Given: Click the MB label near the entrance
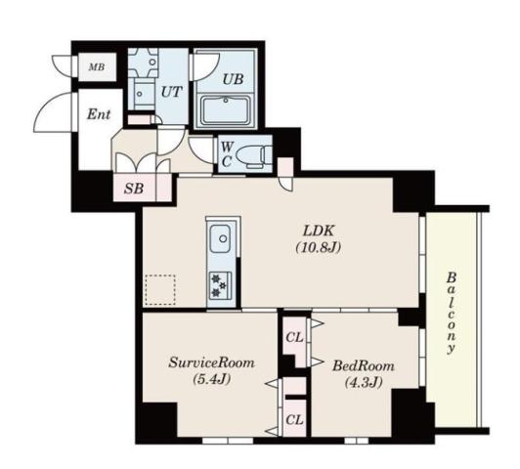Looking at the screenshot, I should click(x=97, y=67).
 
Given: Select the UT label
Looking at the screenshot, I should click(x=171, y=90).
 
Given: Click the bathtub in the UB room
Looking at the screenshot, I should click(x=232, y=109).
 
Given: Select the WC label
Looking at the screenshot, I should click(x=226, y=153).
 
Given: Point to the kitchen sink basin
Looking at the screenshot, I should click(x=220, y=238).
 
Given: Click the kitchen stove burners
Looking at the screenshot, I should click(x=220, y=283).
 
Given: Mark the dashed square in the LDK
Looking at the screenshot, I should click(x=160, y=290).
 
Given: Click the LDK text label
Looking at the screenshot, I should click(x=317, y=231).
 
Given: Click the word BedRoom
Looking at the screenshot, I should click(x=364, y=365).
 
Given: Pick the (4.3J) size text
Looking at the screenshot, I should click(x=364, y=382).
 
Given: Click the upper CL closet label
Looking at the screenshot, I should click(x=293, y=338).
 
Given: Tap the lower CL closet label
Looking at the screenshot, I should click(x=293, y=420).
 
